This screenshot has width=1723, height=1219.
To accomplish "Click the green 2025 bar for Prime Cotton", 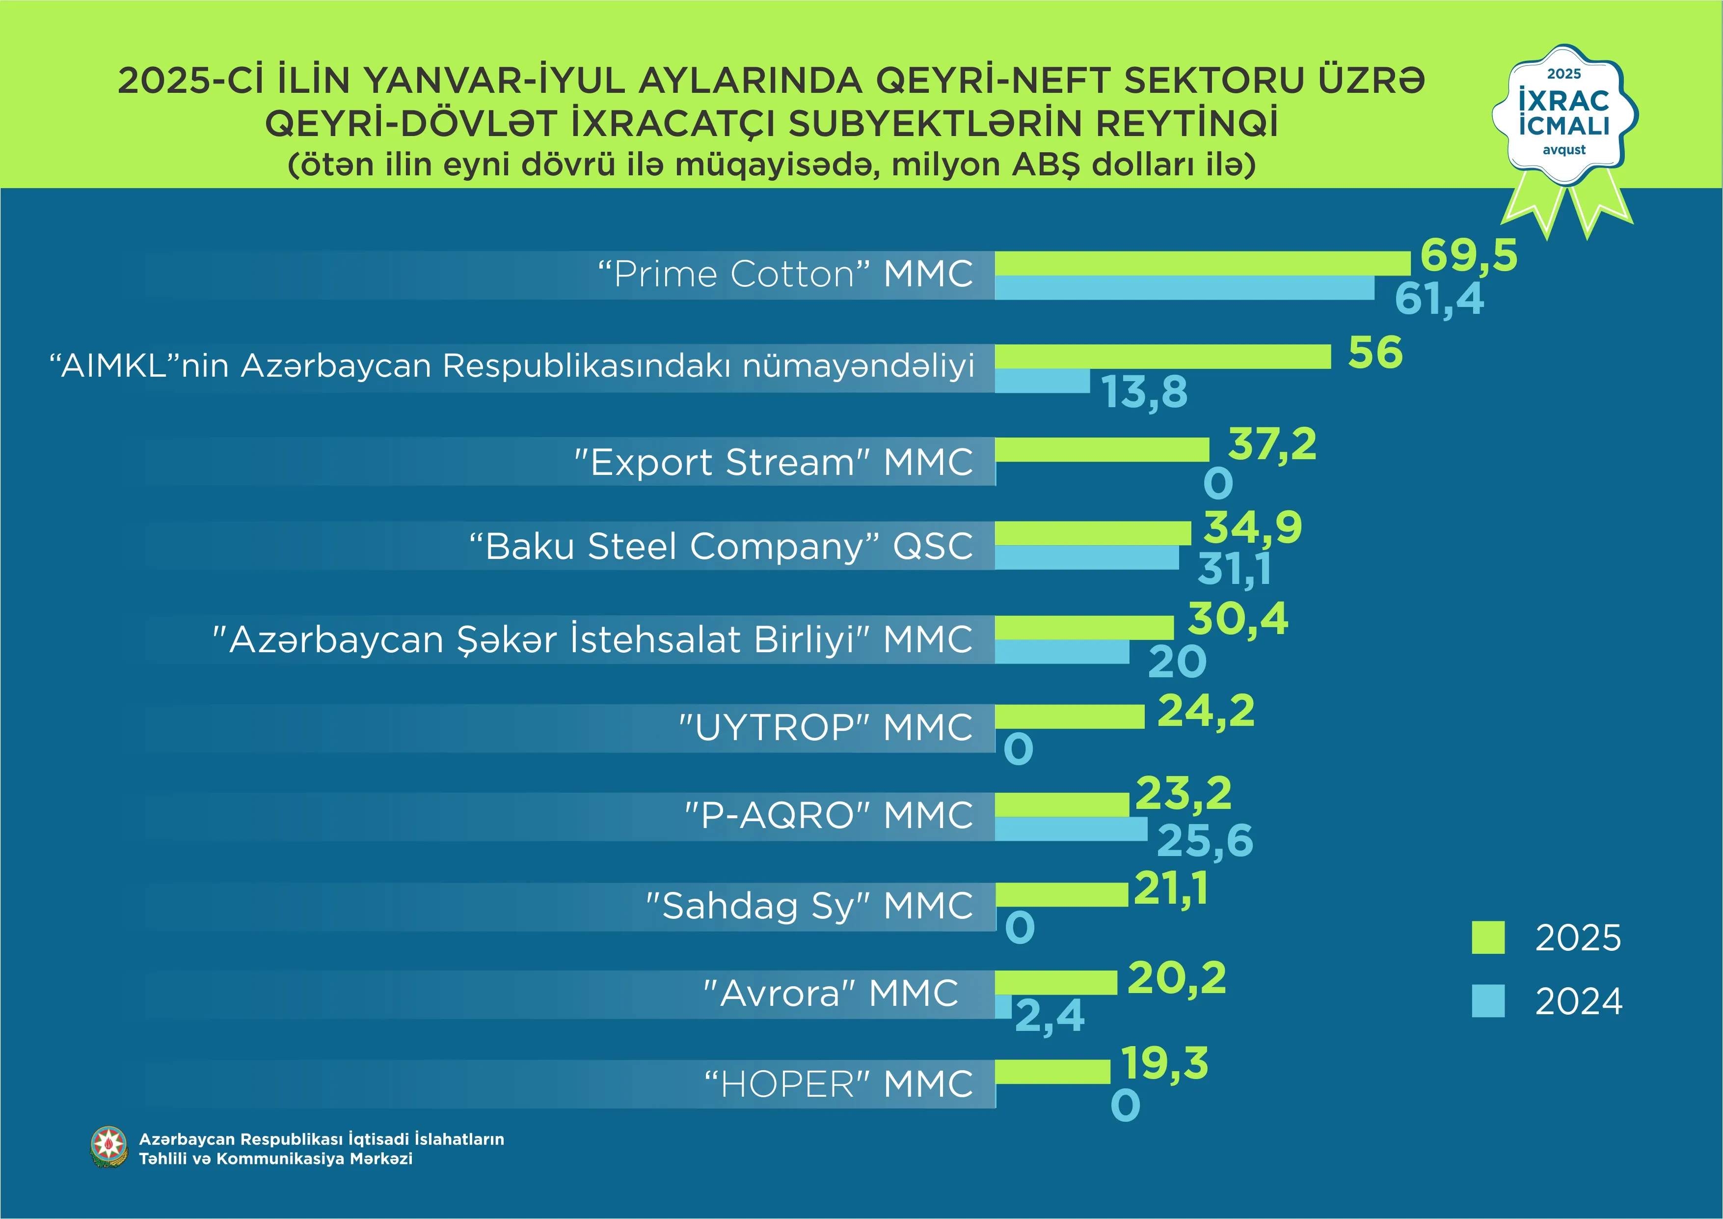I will point(1202,263).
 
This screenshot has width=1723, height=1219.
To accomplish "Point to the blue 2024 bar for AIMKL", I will point(1042,381).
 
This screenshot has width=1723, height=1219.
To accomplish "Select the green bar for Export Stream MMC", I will point(1102,449).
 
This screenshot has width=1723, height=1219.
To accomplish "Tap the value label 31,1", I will point(1235,568).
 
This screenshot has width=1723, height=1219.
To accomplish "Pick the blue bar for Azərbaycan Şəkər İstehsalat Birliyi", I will point(1062,652).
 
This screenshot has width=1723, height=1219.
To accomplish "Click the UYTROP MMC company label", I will point(826,727).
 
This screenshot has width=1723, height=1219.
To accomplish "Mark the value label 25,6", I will point(1205,840).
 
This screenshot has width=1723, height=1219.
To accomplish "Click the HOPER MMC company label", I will point(838,1084).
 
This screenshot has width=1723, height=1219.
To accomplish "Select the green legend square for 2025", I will point(1487,938).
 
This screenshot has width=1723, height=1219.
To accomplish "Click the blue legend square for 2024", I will point(1487,1000).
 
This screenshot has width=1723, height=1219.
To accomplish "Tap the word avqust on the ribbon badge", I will point(1564,149).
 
